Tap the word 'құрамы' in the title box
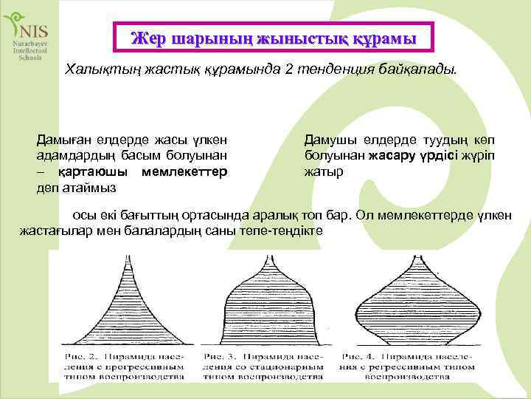click(381, 38)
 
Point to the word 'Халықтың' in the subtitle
click(97, 69)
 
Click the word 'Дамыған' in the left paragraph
click(63, 140)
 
